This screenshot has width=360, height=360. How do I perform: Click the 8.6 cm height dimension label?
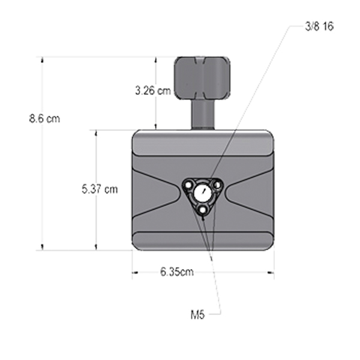click(x=44, y=118)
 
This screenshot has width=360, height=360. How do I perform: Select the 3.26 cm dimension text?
click(x=152, y=91)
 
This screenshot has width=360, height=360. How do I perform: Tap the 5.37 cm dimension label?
click(x=100, y=190)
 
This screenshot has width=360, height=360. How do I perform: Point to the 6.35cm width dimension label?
click(x=177, y=272)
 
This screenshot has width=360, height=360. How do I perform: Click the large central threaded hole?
click(x=203, y=193)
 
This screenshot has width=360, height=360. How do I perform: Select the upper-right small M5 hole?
click(x=217, y=185)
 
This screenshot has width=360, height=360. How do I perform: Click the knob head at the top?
click(x=202, y=77)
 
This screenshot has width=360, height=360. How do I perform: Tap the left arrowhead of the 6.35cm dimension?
click(x=134, y=272)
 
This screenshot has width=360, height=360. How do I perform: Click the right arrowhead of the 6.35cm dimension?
click(x=272, y=272)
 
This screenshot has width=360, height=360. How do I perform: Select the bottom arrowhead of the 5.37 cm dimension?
click(x=96, y=248)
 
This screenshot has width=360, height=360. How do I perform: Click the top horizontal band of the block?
click(x=203, y=144)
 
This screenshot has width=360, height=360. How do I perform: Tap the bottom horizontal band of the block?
click(x=203, y=241)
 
